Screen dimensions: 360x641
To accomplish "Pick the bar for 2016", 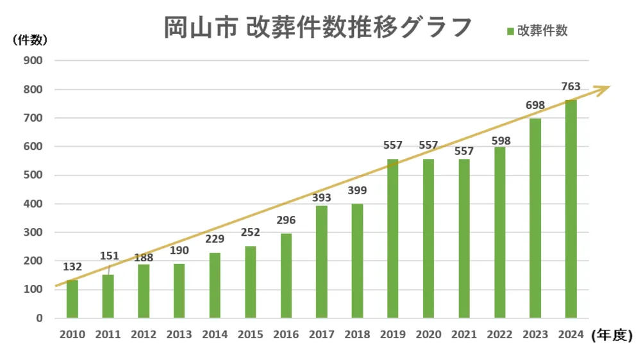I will coord(286,275).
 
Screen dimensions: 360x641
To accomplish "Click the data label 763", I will coord(570,86).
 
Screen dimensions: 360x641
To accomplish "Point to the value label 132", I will coord(72,266).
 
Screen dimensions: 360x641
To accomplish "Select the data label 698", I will coord(535,105).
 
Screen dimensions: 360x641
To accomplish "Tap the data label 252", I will coord(250,233).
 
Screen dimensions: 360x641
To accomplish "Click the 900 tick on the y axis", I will coord(33,61).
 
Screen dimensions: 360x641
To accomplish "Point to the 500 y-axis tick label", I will coord(33,175).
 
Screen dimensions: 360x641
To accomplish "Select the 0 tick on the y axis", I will coord(39,318).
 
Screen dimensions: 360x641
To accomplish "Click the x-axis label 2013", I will coord(179,334).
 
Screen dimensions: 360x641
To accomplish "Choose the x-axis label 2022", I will coord(499,334).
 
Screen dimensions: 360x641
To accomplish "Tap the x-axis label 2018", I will coord(357,334).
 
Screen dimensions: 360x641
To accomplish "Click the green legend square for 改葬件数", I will coord(510,31).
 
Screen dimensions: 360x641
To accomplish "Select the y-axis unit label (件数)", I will coord(29,40).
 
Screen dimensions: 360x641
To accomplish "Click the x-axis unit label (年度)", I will coord(612,334).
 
